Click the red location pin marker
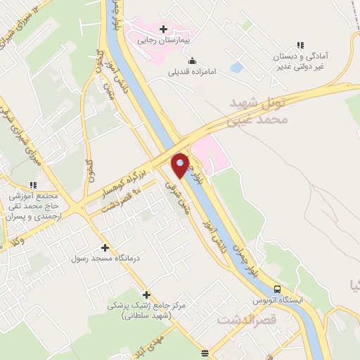[x=181, y=165]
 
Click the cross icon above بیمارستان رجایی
[x=165, y=30]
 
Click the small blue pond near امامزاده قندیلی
[x=236, y=68]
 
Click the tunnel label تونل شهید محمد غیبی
[x=259, y=112]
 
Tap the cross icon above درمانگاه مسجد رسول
[x=105, y=247]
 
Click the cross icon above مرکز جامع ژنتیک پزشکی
[x=146, y=295]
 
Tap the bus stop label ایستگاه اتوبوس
[x=281, y=300]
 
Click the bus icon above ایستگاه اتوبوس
[x=277, y=289]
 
